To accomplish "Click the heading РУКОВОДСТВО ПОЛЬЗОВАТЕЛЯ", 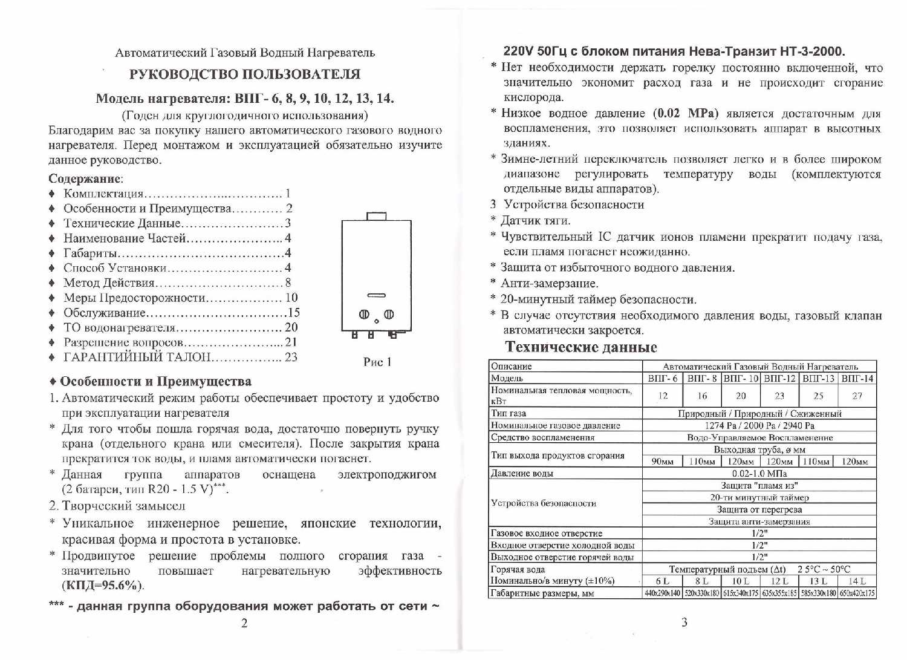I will point(244,74).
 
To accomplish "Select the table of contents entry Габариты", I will point(91,253).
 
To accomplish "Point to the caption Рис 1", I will point(377,362).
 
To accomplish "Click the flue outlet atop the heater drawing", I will point(376,215).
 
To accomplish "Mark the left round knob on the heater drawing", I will point(365,314).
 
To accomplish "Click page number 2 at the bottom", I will point(244,624).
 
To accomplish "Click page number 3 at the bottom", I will point(684,622).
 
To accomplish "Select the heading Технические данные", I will point(580,347).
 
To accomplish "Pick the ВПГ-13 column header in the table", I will point(819,379).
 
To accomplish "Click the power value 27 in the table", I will point(857,396).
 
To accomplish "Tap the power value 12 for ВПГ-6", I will point(663,396).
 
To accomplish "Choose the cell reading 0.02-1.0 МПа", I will point(759,474).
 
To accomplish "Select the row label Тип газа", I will point(509,414).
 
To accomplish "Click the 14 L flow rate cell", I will point(857,581).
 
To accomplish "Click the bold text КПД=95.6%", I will point(102,586).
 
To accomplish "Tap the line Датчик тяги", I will point(535,221).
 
